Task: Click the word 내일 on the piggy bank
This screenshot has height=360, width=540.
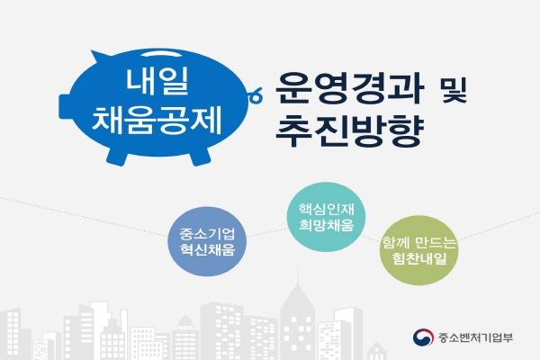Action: [x=157, y=81]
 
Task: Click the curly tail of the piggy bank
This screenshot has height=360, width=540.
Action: [x=256, y=94]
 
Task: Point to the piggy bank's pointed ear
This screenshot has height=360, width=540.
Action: [x=100, y=57]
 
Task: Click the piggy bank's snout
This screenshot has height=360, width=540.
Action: [x=66, y=106]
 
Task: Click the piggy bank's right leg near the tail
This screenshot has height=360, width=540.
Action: [x=200, y=157]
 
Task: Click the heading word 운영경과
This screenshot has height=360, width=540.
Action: [x=348, y=89]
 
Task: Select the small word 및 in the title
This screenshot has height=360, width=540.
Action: [x=454, y=91]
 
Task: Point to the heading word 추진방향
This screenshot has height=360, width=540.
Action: [x=348, y=130]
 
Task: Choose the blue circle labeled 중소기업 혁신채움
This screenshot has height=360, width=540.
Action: [x=207, y=241]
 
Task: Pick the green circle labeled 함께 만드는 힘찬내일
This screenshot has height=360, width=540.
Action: [x=419, y=250]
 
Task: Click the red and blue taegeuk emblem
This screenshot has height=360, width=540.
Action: [x=423, y=337]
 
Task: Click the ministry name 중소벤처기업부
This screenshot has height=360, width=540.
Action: [x=475, y=337]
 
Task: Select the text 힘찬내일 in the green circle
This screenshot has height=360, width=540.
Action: [x=419, y=258]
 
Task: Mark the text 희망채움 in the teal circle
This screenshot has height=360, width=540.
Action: [x=326, y=225]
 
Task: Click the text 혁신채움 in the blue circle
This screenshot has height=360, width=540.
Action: [x=207, y=249]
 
